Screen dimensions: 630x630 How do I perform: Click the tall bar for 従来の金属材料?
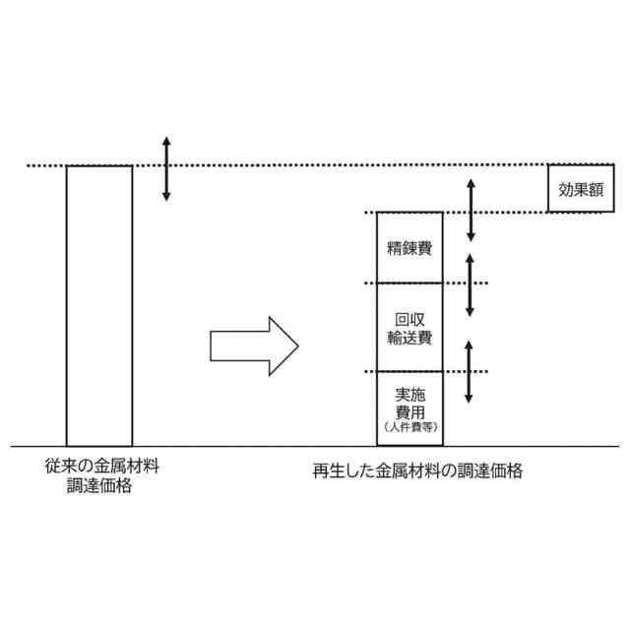pos(98,305)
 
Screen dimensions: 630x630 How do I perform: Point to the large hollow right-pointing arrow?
pos(254,346)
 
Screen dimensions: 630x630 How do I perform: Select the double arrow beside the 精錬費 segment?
pos(471,210)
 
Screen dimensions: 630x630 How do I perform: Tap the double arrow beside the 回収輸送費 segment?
pos(471,284)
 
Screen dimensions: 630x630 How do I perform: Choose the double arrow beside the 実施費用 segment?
pos(470,371)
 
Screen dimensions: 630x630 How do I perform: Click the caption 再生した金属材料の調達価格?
pos(417,472)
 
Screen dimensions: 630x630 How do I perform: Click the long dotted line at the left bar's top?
pos(295,165)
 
